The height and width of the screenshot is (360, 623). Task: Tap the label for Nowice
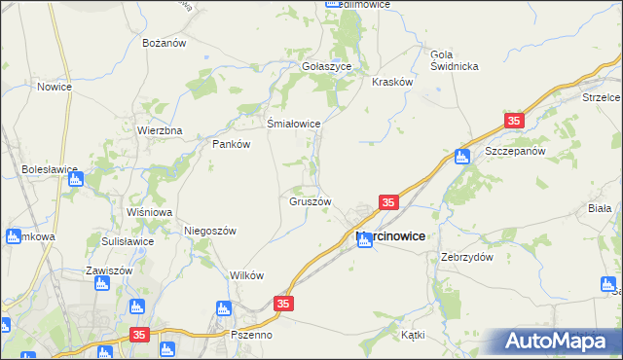click(x=55, y=87)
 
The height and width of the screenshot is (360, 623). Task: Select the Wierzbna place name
click(x=160, y=130)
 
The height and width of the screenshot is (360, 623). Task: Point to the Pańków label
click(x=232, y=144)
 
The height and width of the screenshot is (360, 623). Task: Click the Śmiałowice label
click(x=294, y=124)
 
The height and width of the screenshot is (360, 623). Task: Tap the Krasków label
click(x=393, y=83)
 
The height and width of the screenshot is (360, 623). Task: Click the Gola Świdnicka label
click(x=454, y=59)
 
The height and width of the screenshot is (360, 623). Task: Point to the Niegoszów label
click(x=210, y=231)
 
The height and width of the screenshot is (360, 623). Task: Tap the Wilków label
click(x=246, y=275)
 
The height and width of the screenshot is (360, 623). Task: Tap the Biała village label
click(x=599, y=208)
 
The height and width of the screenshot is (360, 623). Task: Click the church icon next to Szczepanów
click(x=462, y=156)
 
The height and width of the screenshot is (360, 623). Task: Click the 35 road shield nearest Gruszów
click(x=388, y=202)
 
